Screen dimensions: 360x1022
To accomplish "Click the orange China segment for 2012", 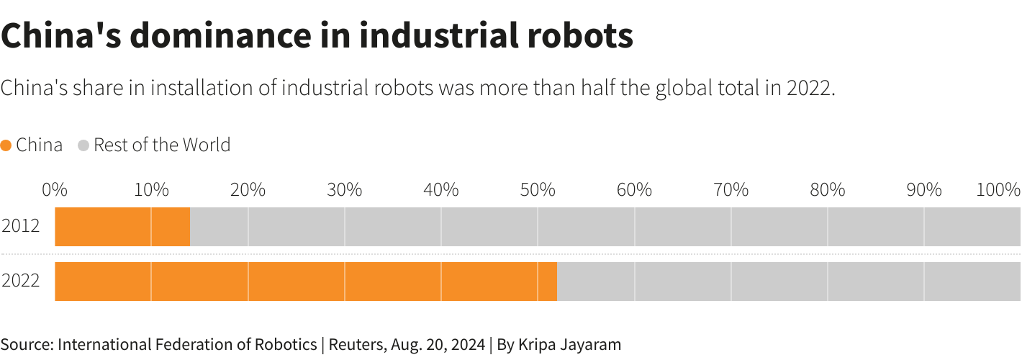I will coord(122,227).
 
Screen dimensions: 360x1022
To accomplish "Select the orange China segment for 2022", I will coord(306,282).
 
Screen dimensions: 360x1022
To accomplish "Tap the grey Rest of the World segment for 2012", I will coord(605,227).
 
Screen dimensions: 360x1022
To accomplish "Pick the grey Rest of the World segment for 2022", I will coord(788,282).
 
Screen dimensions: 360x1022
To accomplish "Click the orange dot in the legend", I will coord(6,145).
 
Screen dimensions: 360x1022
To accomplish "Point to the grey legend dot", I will coord(83,145).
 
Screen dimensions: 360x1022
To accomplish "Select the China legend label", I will coord(39,145).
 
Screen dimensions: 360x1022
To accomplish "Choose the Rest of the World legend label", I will coord(162,145).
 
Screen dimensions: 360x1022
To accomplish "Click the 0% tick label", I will coord(55,190).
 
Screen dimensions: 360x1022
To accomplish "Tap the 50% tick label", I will coord(538,190).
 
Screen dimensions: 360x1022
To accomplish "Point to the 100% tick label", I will coord(998,190).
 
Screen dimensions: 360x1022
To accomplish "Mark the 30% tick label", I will coord(345,190).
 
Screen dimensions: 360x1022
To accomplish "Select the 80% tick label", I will coord(828,190).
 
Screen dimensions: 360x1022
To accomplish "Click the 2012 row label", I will coord(21,227).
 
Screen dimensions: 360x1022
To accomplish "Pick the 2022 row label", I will coord(21,282).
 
